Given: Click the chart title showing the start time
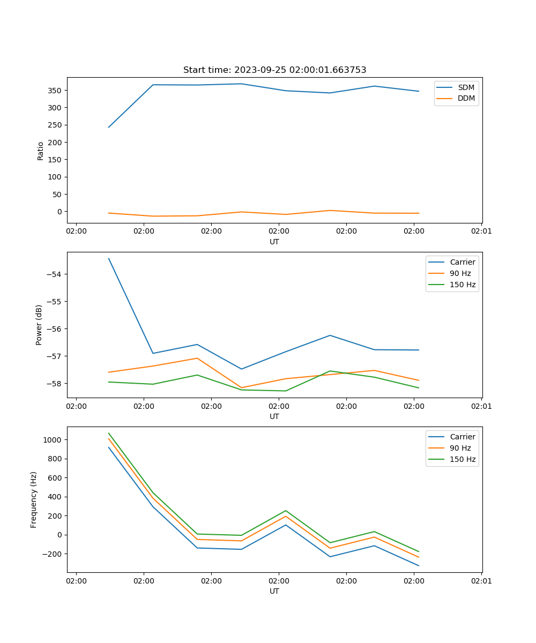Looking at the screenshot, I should click(x=274, y=70).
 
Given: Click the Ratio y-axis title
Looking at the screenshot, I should click(x=41, y=151).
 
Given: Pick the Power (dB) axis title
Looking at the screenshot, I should click(x=39, y=325).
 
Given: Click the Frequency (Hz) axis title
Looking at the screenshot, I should click(x=34, y=499).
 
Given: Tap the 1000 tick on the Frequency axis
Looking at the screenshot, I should click(x=53, y=440).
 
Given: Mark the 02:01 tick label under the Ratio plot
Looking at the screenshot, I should click(x=481, y=231).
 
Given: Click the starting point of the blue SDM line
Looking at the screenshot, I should click(x=109, y=127).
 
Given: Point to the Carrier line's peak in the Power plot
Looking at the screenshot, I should click(x=109, y=258).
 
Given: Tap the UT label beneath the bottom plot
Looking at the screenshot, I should click(x=274, y=591).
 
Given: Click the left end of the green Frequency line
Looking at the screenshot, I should click(x=109, y=433).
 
